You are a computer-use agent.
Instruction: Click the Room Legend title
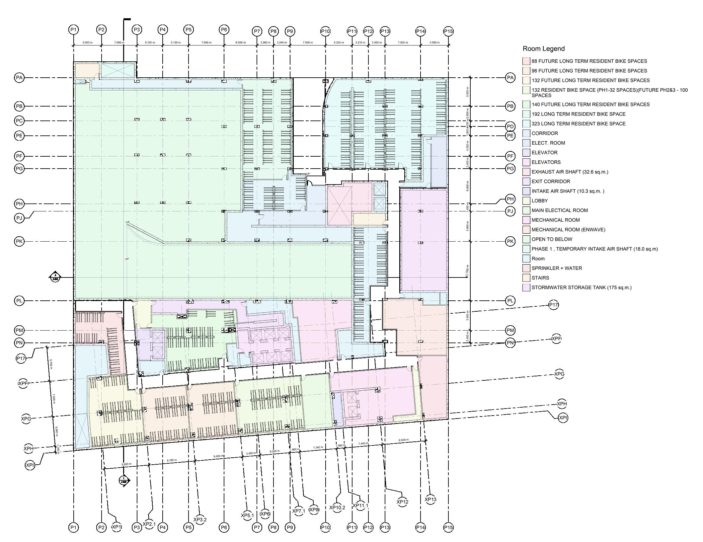coord(543,49)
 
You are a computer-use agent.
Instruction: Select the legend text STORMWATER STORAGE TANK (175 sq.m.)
coord(581,287)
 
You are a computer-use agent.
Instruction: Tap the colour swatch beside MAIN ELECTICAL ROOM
coord(526,210)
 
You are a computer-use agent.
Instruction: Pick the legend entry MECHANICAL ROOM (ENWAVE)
coord(568,230)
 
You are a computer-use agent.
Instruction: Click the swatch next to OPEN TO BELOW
coord(526,239)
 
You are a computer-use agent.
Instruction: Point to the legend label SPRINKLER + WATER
coord(557,268)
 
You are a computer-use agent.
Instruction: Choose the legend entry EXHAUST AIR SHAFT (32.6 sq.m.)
coord(570,172)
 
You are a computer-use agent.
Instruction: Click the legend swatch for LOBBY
coord(526,201)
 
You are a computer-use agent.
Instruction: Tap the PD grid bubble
coord(510,126)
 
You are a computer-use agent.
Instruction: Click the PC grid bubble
coord(19,120)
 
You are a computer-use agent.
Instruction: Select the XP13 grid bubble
coord(430,500)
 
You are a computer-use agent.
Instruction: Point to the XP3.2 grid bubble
coord(200,519)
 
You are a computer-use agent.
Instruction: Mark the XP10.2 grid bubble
coord(337,507)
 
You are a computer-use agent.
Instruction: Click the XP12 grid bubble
coord(402,502)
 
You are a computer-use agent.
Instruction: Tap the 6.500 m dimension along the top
coord(241,42)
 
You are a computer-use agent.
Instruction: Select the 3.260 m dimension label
coord(265,42)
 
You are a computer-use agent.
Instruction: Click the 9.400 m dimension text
coord(218,456)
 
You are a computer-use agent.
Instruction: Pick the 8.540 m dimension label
coord(404,440)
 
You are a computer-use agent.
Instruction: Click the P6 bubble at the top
coord(224,30)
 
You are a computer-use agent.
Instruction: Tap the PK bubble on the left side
coord(19,241)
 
